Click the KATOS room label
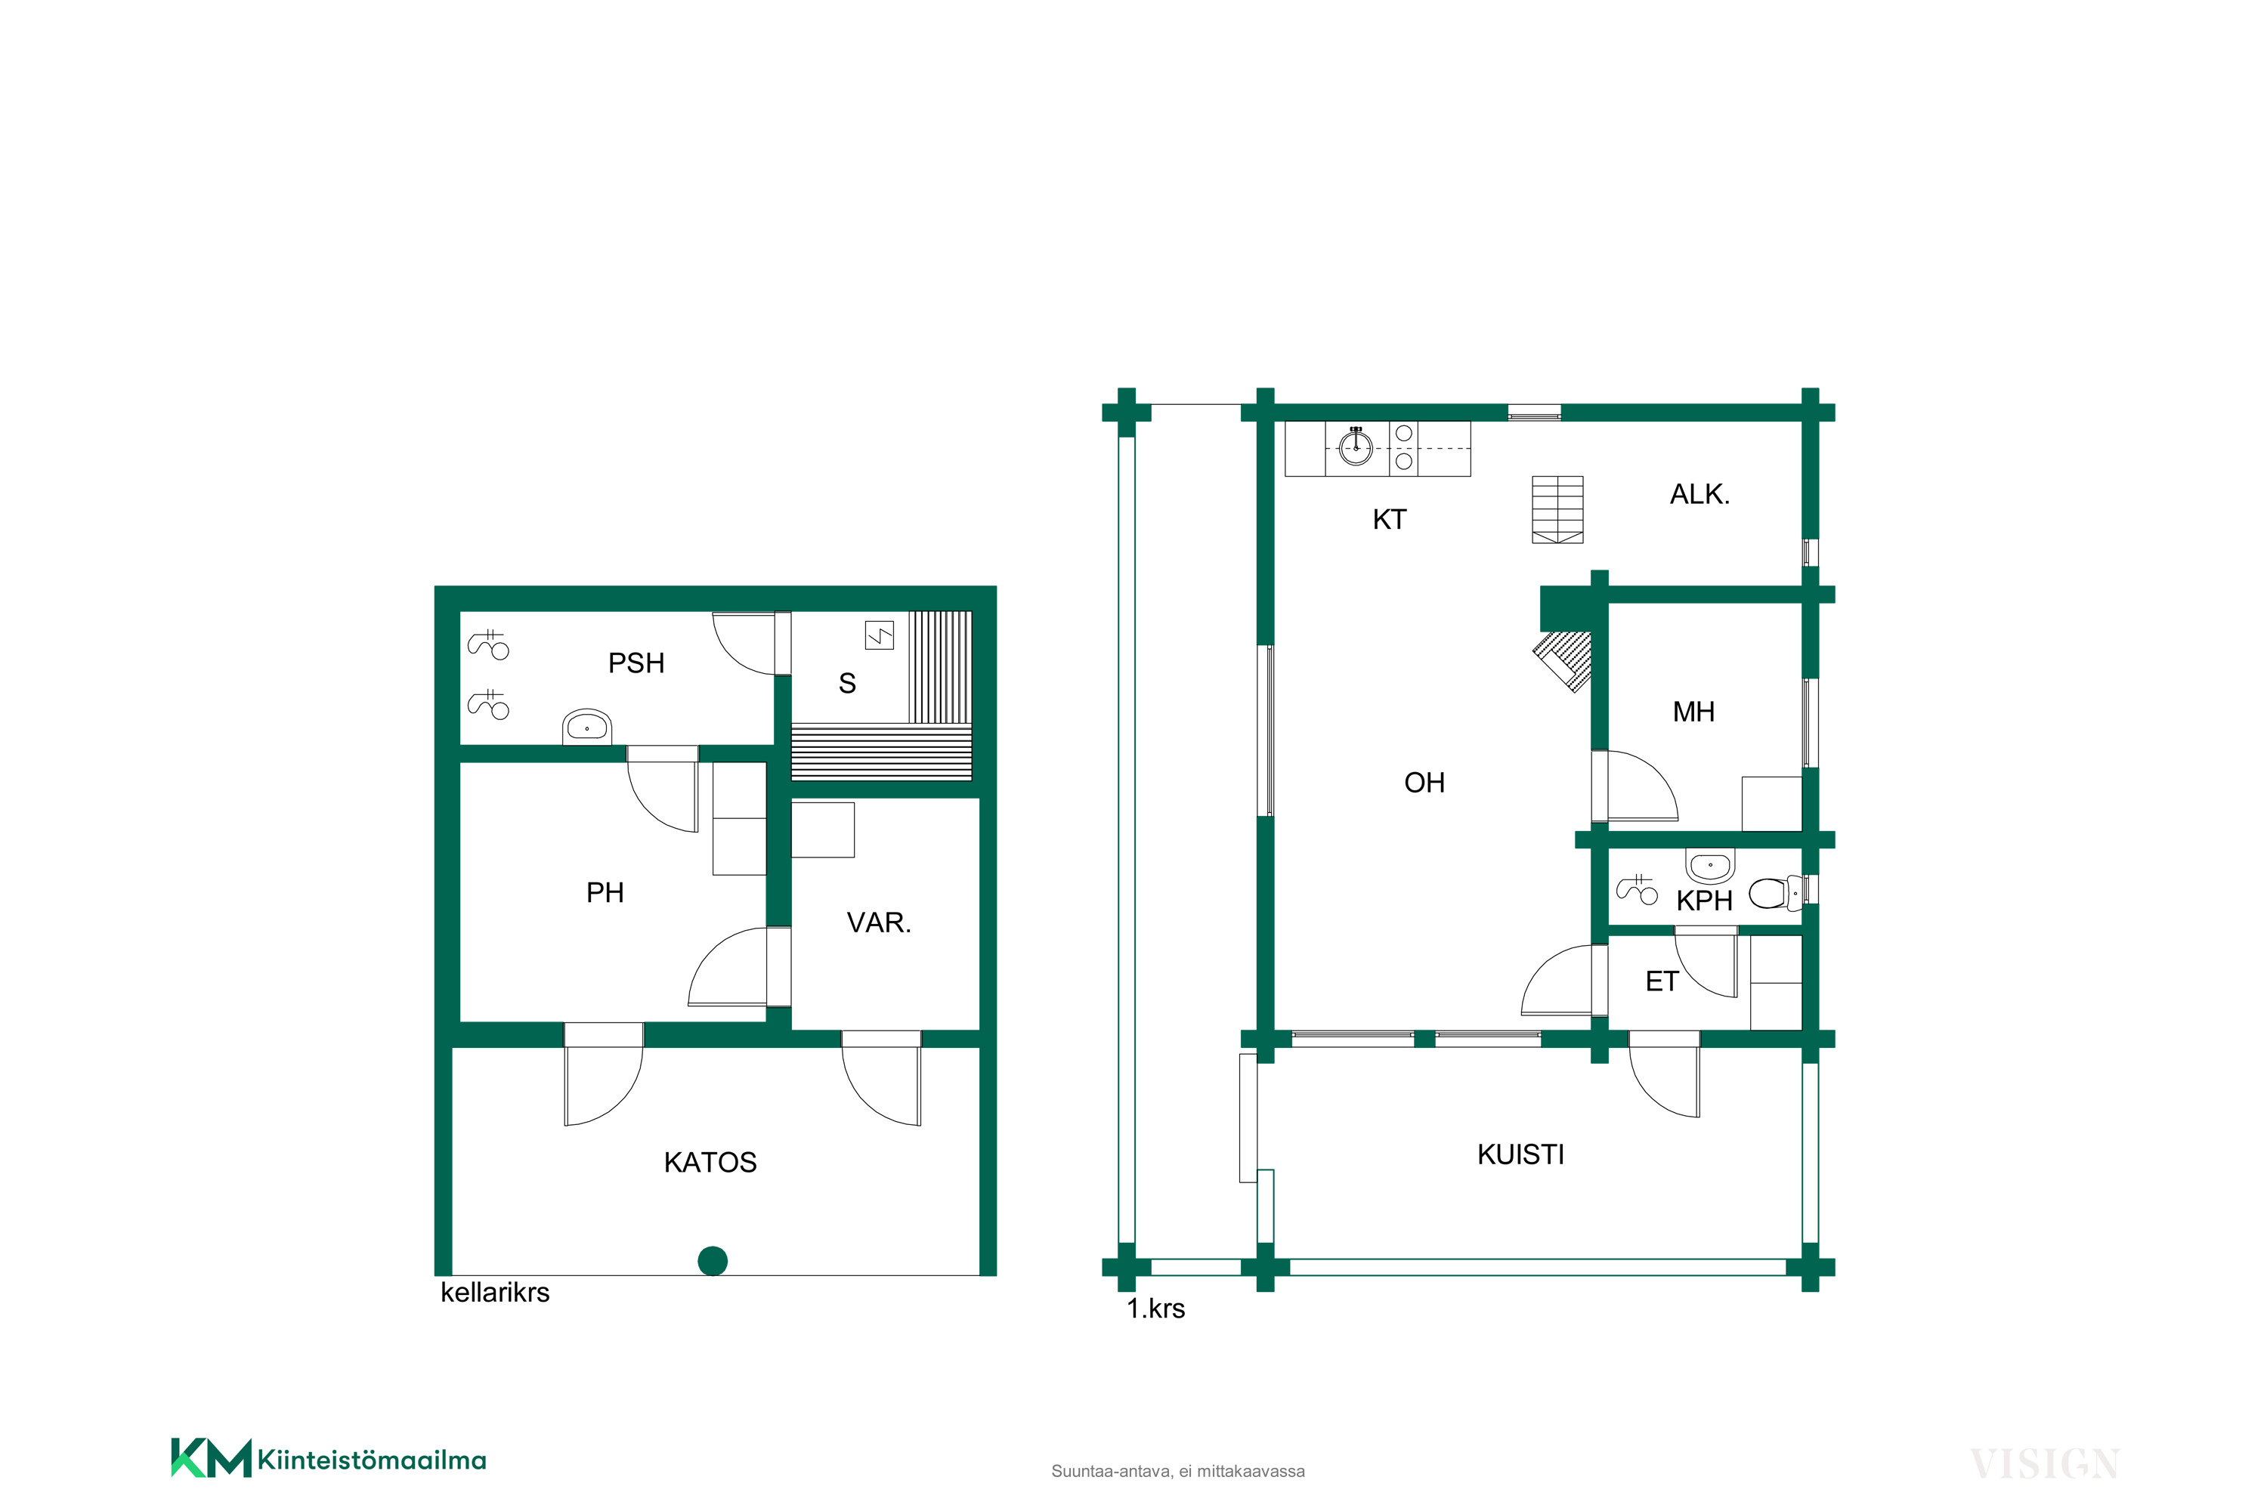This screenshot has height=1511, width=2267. pyautogui.click(x=710, y=1162)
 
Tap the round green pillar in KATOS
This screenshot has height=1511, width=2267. pyautogui.click(x=713, y=1260)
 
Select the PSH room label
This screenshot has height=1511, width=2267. pyautogui.click(x=636, y=663)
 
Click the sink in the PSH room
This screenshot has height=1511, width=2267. pyautogui.click(x=587, y=727)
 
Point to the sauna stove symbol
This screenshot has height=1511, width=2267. pyautogui.click(x=879, y=635)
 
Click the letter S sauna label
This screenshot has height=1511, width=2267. pyautogui.click(x=847, y=683)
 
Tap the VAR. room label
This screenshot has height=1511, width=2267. pyautogui.click(x=878, y=922)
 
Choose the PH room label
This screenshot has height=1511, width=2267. pyautogui.click(x=605, y=892)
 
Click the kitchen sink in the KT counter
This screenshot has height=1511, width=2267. pyautogui.click(x=1356, y=447)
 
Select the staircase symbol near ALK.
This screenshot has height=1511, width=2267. pyautogui.click(x=1557, y=508)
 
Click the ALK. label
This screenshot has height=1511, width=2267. pyautogui.click(x=1699, y=494)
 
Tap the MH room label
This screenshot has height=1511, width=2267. pyautogui.click(x=1693, y=712)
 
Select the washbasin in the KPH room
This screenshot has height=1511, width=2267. pyautogui.click(x=1710, y=865)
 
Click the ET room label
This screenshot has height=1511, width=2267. pyautogui.click(x=1662, y=981)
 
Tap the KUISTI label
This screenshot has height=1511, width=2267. pyautogui.click(x=1521, y=1154)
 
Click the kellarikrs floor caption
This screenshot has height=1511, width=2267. pyautogui.click(x=494, y=1292)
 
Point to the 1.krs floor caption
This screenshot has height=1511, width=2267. pyautogui.click(x=1155, y=1309)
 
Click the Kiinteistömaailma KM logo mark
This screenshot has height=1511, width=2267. pyautogui.click(x=211, y=1458)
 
